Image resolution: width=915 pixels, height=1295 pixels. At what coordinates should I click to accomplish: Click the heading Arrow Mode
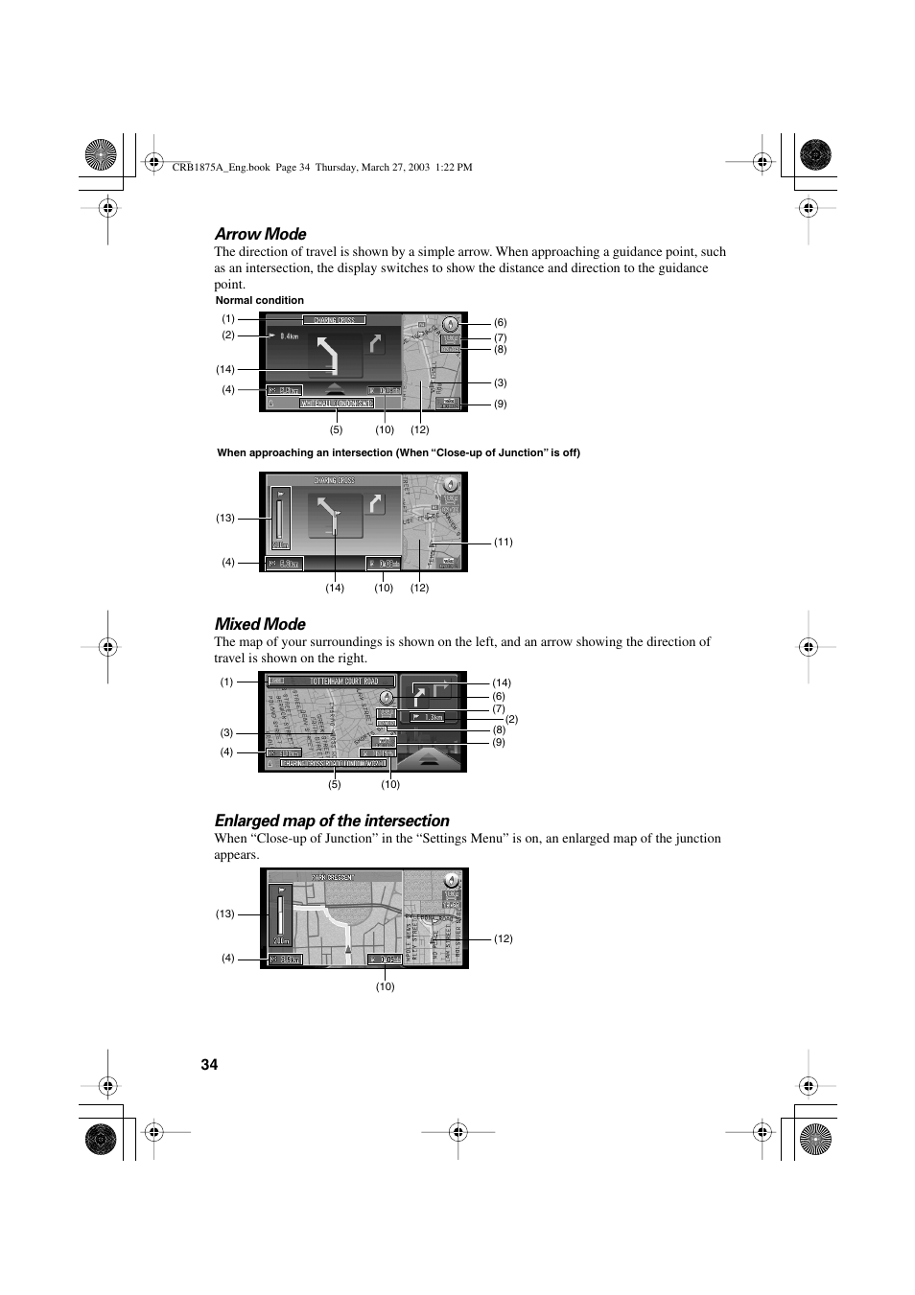260,234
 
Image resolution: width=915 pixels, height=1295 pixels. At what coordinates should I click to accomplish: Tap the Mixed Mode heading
260,624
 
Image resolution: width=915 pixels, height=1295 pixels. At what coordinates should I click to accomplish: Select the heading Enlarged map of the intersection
332,821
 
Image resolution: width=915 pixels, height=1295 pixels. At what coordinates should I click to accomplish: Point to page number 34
210,1065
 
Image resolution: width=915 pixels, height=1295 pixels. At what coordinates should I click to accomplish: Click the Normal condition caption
259,300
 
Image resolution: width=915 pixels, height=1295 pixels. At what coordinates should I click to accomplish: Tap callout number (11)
504,542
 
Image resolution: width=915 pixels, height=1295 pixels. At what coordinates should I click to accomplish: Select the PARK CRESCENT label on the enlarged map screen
333,877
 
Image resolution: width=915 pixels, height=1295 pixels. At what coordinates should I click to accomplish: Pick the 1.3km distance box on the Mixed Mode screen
429,717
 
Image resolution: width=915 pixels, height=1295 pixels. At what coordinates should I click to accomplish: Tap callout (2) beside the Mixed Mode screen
512,719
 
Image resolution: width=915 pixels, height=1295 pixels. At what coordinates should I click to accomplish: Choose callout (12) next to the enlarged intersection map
504,938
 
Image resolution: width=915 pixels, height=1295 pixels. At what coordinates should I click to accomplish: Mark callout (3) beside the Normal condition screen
501,382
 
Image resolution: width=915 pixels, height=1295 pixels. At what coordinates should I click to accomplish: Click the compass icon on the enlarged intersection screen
452,880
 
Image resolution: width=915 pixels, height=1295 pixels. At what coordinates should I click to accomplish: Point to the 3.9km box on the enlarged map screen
286,959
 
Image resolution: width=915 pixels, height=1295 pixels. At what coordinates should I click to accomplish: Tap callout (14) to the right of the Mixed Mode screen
502,682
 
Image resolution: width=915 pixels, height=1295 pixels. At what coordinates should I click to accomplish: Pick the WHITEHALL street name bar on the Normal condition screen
336,404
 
